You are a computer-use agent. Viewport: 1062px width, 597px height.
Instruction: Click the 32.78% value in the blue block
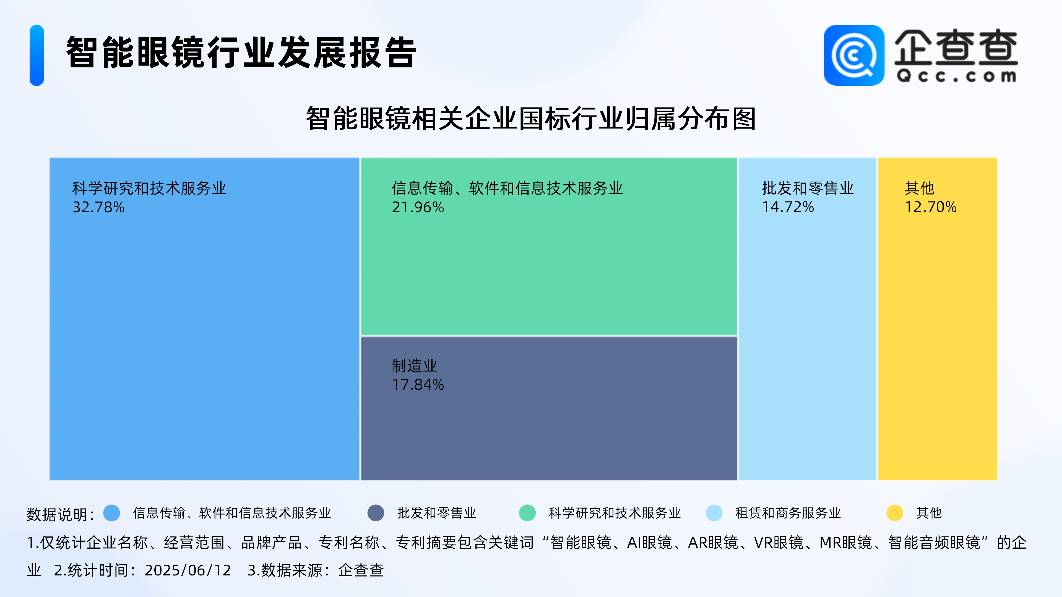tap(98, 207)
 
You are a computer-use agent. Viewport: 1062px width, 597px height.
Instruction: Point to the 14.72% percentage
tap(788, 207)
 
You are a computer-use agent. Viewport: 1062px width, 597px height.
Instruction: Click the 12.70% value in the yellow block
tap(930, 207)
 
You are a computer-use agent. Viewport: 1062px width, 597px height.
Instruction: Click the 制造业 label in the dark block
tap(414, 365)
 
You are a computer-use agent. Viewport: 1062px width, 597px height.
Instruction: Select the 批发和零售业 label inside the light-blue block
tap(808, 188)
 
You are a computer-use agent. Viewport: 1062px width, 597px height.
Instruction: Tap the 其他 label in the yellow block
tap(919, 188)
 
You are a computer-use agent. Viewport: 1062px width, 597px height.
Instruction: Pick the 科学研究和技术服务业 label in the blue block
tap(149, 188)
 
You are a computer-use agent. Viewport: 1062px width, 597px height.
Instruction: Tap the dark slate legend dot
tap(376, 513)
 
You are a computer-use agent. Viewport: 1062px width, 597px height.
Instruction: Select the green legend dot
tap(527, 513)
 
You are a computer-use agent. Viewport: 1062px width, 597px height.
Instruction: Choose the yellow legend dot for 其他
tap(895, 513)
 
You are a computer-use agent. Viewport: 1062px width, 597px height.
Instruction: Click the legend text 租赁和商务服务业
tap(788, 513)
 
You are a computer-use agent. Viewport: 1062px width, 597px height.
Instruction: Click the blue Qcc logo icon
tap(854, 55)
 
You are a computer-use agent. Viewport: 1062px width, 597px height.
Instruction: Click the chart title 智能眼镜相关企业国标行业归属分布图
tap(531, 119)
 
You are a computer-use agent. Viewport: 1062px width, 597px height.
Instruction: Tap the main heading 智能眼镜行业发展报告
tap(241, 52)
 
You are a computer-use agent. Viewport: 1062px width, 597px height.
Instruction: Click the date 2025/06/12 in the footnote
tap(188, 570)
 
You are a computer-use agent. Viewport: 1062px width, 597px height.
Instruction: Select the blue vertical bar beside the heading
tap(37, 55)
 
